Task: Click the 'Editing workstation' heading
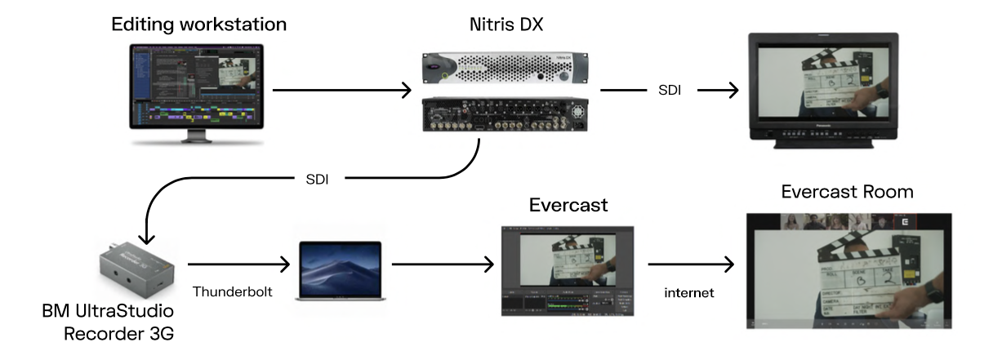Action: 199,24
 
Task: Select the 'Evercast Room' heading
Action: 847,192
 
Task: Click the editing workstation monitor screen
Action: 195,85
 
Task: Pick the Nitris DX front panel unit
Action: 504,69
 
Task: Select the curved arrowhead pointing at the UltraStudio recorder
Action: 145,236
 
